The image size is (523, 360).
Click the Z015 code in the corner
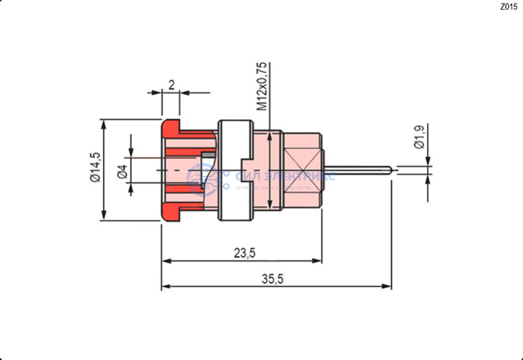(x=508, y=7)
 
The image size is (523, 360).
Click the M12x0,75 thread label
(x=262, y=87)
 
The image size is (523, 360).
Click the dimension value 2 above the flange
(x=171, y=85)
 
